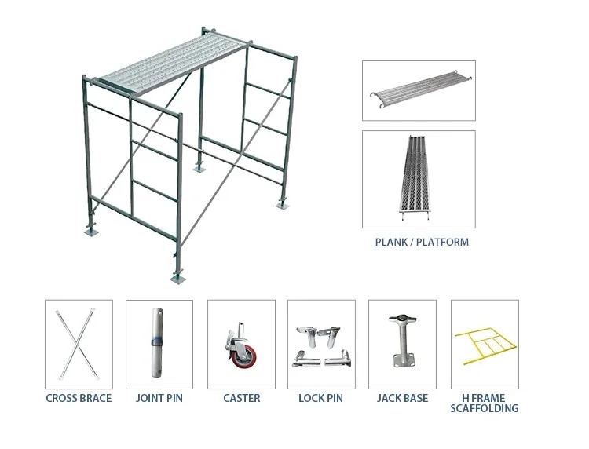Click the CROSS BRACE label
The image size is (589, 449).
coord(79,398)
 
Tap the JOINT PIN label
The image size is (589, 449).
coord(159,398)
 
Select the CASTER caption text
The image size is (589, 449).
coord(241,398)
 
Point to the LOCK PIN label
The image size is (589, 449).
coord(322,398)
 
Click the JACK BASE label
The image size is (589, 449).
coord(403,398)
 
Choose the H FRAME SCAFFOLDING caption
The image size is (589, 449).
coord(485,403)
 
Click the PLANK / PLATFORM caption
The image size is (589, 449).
coord(422,242)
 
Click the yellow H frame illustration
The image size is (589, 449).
coord(484,345)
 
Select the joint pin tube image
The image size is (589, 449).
coord(159,344)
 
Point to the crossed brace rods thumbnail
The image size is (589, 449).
coord(79,344)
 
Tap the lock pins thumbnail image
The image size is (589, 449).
coord(322,345)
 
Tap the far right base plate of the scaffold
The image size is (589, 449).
coord(281,206)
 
